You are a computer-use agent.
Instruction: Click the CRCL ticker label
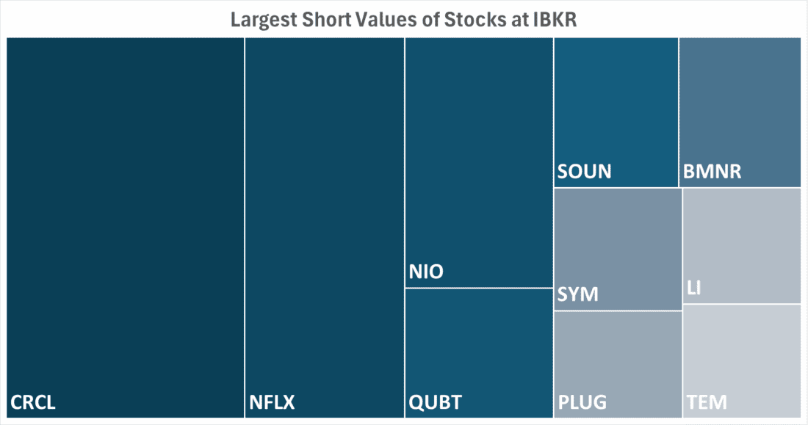tap(33, 402)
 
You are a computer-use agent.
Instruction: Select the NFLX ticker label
tap(272, 402)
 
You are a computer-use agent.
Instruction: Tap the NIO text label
tap(426, 272)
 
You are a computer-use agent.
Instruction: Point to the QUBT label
tap(435, 402)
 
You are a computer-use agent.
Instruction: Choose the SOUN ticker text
tap(584, 172)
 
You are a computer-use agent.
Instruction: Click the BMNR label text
tap(712, 172)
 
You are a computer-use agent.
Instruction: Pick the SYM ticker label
tap(578, 295)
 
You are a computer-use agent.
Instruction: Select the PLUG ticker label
tap(582, 402)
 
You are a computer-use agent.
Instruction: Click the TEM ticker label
tap(707, 402)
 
